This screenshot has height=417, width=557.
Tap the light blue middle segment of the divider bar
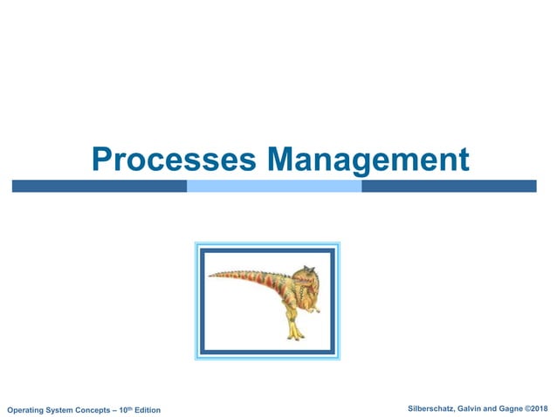[x=274, y=186]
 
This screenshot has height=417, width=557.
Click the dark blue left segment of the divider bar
[x=99, y=186]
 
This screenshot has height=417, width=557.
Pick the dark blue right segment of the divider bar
[x=448, y=186]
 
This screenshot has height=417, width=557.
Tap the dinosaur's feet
[x=295, y=336]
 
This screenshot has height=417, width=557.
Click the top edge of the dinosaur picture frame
[x=266, y=250]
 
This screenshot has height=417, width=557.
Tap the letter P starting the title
[x=103, y=161]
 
